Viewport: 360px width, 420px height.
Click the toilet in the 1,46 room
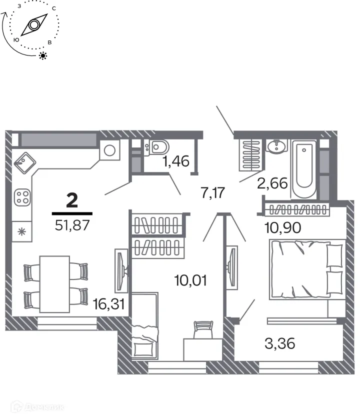159,147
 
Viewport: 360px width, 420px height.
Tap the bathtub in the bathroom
304,169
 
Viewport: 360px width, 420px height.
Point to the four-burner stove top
22,196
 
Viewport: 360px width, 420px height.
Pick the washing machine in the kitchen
110,149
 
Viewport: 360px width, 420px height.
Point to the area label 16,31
108,302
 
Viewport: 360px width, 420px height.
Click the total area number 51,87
72,225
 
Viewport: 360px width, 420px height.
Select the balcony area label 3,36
279,343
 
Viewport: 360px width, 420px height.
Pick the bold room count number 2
72,201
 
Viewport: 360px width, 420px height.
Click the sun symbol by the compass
43,55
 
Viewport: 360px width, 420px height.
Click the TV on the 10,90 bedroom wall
230,266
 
